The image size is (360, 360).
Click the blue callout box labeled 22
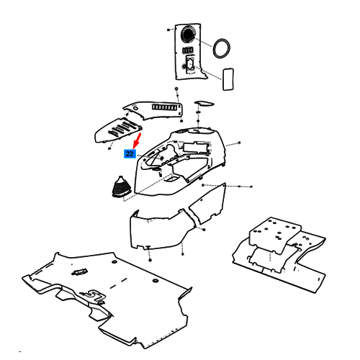(x=130, y=154)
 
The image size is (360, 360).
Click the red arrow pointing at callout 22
(x=137, y=141)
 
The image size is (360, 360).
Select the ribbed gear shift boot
(x=121, y=186)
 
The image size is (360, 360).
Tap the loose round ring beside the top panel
(x=222, y=48)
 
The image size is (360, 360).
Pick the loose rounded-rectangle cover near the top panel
(x=228, y=79)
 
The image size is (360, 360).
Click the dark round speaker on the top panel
(x=188, y=33)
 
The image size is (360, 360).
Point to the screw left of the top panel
(x=168, y=30)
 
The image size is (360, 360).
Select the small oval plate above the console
(x=204, y=104)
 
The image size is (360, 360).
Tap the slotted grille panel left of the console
(x=118, y=130)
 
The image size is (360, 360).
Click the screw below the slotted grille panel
(x=109, y=148)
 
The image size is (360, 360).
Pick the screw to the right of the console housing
(x=239, y=143)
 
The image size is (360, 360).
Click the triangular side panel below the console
(x=208, y=204)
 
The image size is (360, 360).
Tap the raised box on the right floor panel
(x=275, y=235)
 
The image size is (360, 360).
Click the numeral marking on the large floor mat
(x=91, y=296)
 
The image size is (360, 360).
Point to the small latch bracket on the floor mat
(x=78, y=272)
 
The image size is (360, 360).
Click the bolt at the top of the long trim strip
(x=176, y=89)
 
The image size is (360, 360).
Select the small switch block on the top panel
(x=187, y=50)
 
